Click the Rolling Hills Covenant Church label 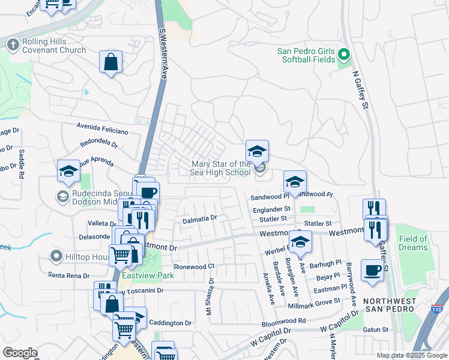(54, 47)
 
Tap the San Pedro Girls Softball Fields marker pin (343, 55)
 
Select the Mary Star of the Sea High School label (221, 169)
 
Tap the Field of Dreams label (413, 243)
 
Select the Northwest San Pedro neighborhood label (389, 304)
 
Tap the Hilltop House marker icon (56, 256)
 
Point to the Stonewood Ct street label (193, 266)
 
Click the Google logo (20, 353)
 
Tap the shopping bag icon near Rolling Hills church (111, 62)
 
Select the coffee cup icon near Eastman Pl (372, 270)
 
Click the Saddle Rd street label (22, 167)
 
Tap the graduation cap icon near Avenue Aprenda (68, 171)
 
